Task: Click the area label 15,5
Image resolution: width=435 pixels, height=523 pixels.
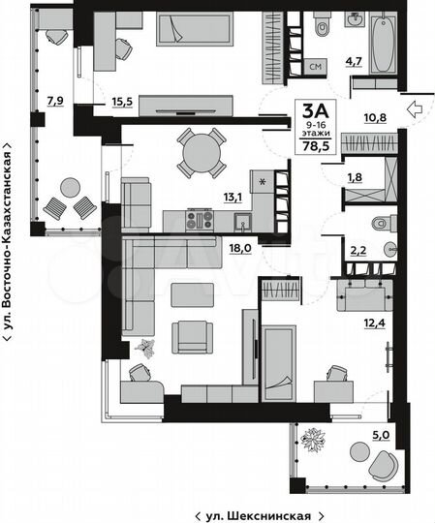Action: point(122,100)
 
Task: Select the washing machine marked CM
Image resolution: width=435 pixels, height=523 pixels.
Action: point(314,67)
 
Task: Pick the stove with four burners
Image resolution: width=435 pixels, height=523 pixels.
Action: point(200,220)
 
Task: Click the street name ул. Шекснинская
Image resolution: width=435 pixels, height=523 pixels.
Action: point(257,514)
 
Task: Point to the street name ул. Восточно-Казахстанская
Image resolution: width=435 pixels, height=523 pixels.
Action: point(9,242)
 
